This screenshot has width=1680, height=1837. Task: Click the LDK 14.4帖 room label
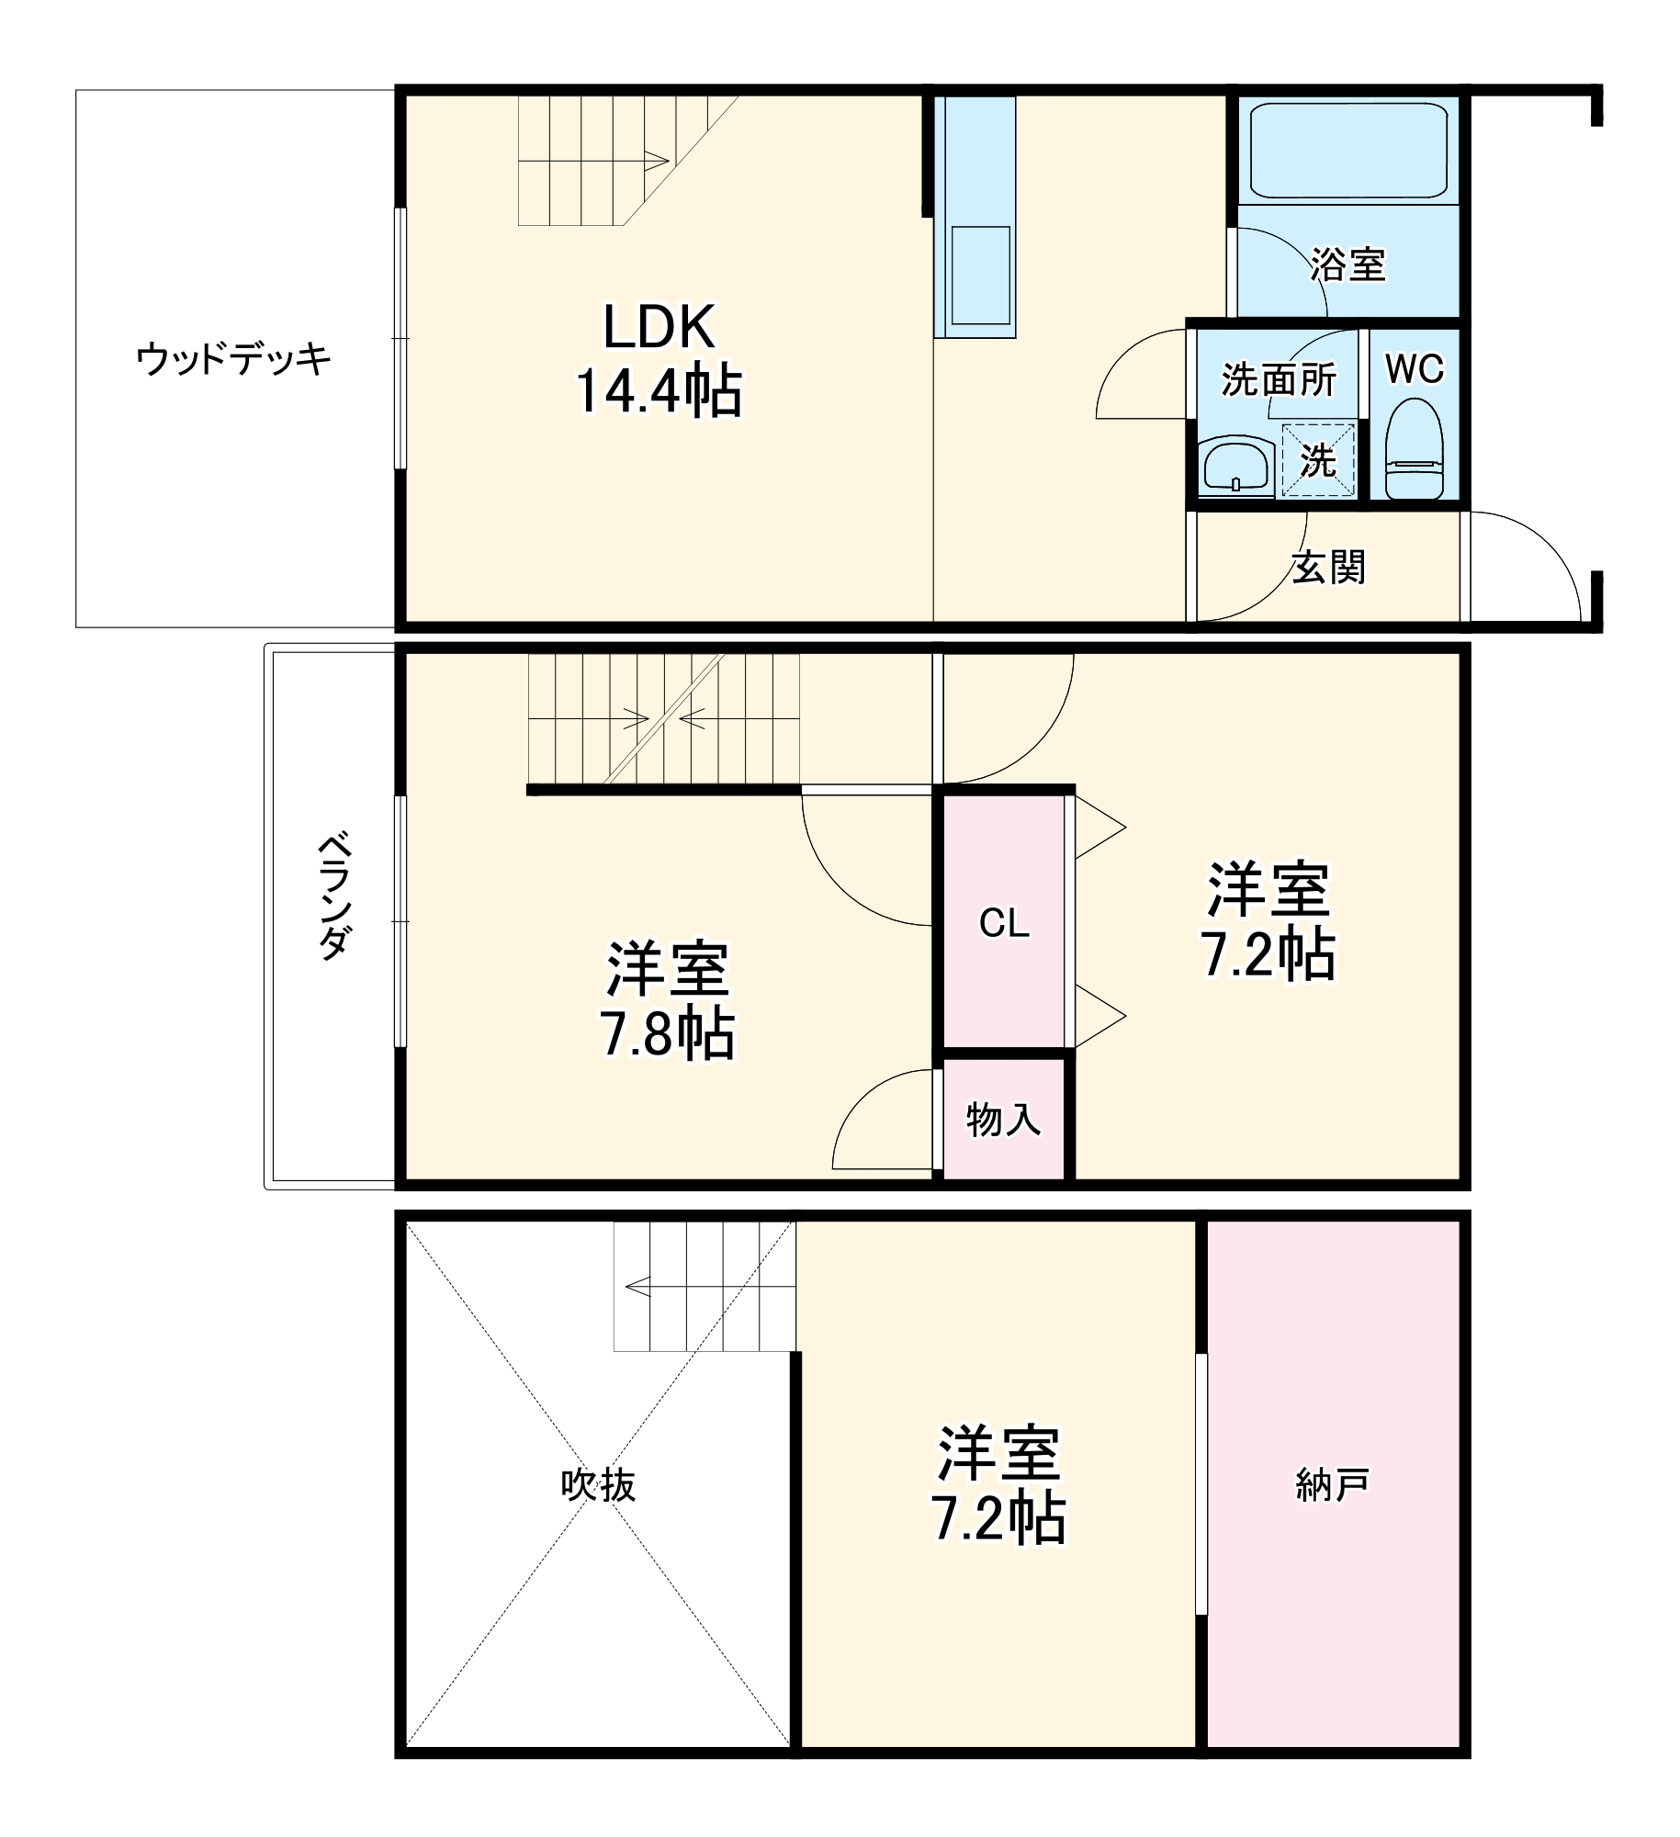658,359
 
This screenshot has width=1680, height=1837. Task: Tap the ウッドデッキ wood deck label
233,358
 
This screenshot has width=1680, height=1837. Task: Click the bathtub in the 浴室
1348,151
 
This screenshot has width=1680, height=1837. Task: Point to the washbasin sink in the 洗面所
1236,468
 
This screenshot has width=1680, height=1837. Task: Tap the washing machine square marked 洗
1317,460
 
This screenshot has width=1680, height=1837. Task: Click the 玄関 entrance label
1328,567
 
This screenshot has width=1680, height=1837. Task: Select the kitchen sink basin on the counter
981,275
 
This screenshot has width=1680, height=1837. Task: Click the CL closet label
1004,923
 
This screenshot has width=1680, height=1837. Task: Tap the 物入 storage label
1003,1120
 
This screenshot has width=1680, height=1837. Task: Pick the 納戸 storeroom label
1332,1484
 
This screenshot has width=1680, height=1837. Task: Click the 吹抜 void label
598,1485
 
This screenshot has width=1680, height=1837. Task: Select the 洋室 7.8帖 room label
667,1001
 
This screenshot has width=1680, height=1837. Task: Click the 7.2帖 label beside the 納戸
998,1485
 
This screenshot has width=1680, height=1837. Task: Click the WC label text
1415,369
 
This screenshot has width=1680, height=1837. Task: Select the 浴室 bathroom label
1347,265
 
